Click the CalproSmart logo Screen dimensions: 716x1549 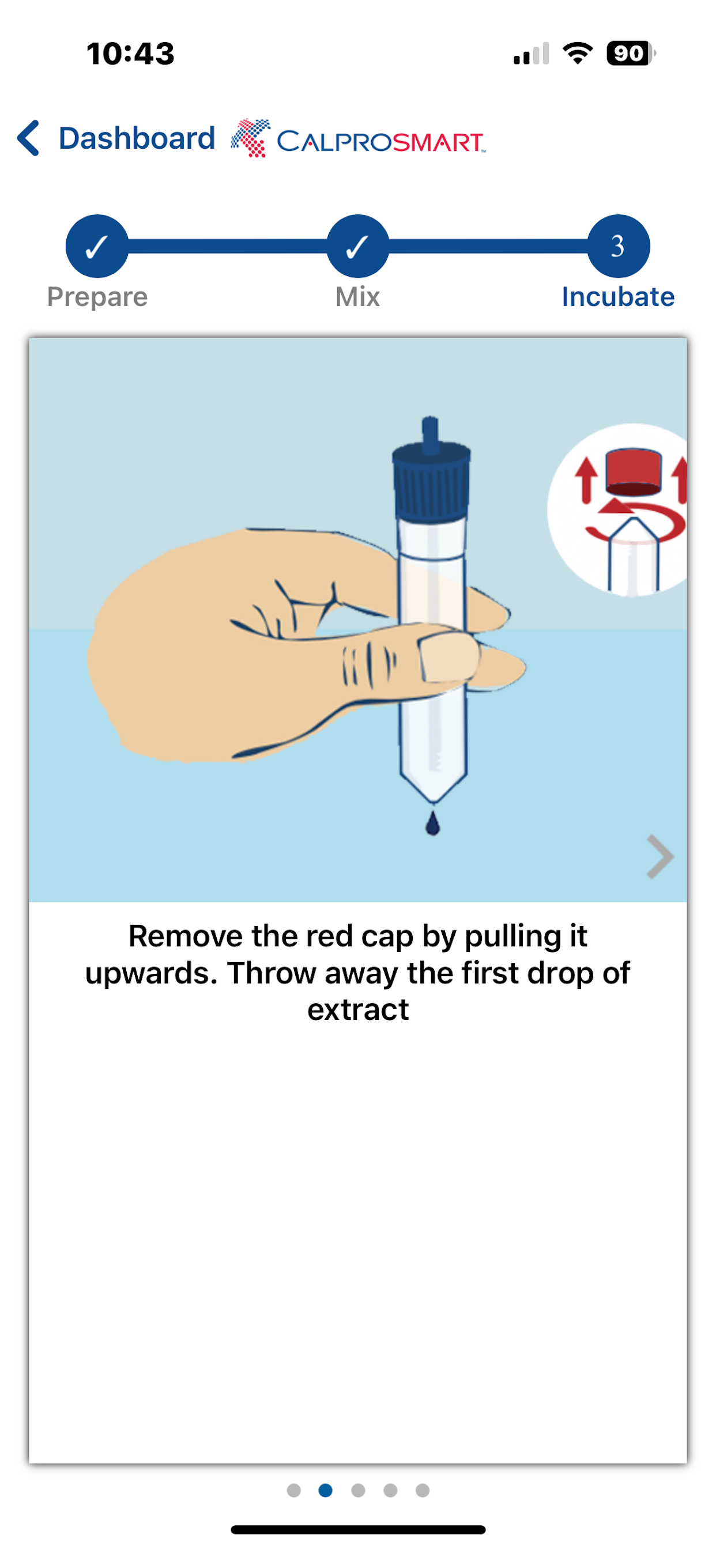358,138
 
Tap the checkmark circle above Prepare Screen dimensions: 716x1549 97,246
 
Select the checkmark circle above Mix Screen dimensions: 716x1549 358,246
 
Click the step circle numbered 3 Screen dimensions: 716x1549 619,246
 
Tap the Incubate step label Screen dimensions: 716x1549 618,297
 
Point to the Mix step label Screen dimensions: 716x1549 358,297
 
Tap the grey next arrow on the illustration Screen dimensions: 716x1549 660,857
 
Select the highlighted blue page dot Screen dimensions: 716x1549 326,1490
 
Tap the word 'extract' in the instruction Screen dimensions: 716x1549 358,1010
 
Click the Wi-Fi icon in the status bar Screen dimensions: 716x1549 578,53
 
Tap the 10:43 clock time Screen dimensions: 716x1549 130,54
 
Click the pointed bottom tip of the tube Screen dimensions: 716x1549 433,802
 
